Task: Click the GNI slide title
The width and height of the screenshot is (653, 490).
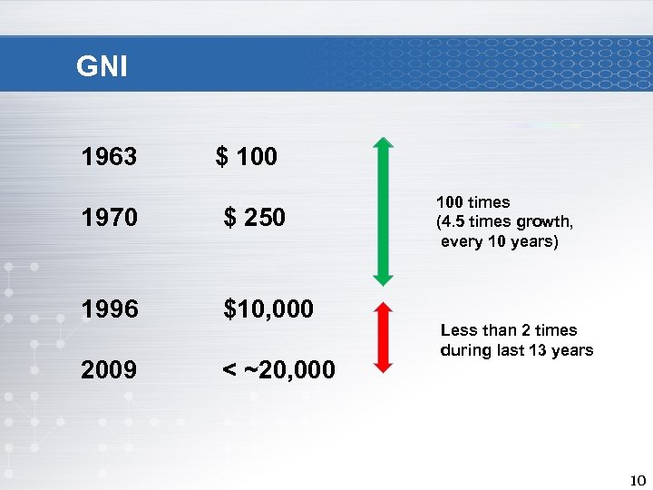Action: (102, 66)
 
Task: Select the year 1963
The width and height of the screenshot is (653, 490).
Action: (109, 157)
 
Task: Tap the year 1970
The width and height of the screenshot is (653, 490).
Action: (109, 218)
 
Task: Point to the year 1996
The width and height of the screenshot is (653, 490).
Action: (109, 309)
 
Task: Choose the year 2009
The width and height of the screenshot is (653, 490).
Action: (109, 370)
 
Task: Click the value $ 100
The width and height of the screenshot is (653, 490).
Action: (247, 157)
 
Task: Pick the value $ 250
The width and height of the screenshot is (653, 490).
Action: (255, 218)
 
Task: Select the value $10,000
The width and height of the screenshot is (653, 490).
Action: (268, 309)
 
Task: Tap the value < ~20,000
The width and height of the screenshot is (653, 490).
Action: (278, 370)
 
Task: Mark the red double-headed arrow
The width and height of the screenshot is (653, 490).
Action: (384, 338)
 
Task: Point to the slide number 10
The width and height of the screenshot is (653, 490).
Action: (637, 479)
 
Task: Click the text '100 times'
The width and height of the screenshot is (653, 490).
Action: (473, 202)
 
